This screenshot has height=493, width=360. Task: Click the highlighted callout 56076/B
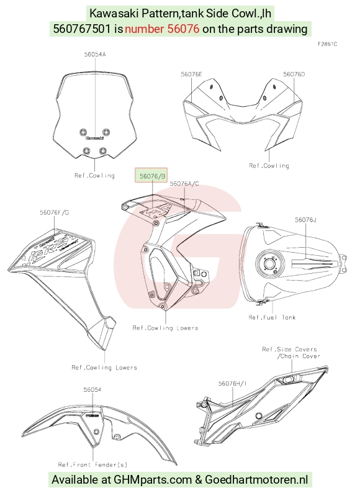coord(151,176)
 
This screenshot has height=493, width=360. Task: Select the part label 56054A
coord(95,55)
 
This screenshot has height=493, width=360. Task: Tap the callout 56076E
coord(191,75)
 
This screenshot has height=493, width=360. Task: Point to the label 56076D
coord(294,75)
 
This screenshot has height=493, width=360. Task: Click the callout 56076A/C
coord(184,184)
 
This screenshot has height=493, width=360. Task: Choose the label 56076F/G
coord(55,212)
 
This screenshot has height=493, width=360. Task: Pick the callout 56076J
coord(305,219)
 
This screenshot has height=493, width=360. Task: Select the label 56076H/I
coord(233,383)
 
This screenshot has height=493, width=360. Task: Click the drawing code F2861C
coord(327,44)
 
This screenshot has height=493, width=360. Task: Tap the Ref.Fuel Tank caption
coord(272,317)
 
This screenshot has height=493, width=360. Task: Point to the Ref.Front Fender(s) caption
coord(92,464)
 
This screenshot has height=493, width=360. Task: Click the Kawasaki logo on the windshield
coord(95,138)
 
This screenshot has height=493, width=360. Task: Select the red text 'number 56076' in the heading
coord(162,29)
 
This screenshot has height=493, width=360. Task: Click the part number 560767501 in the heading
coord(82,29)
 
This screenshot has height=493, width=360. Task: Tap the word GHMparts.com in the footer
coord(153,480)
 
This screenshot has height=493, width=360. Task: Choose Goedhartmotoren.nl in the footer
coord(256,480)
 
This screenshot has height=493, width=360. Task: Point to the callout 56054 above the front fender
coord(92,389)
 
